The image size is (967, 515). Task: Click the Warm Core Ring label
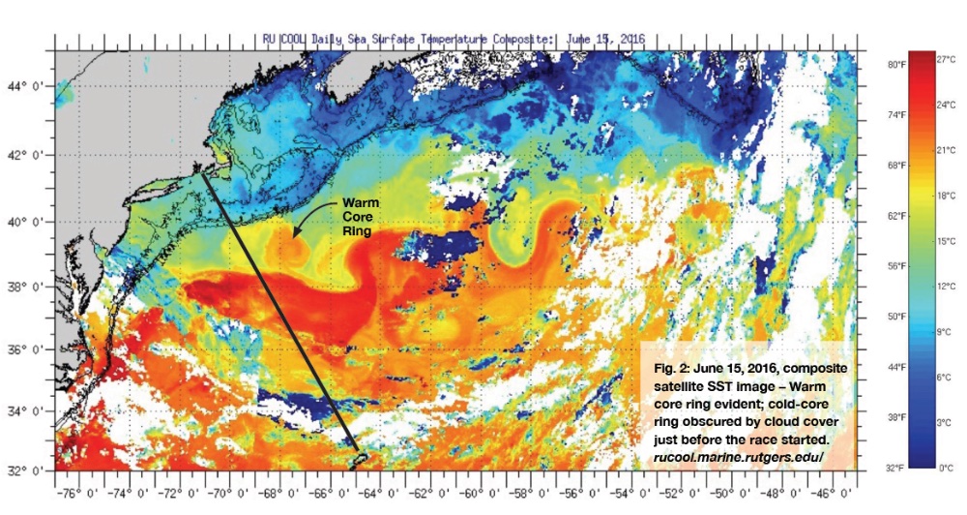pyautogui.click(x=357, y=216)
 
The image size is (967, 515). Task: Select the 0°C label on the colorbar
pyautogui.click(x=945, y=469)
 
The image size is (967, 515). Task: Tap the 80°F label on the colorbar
pyautogui.click(x=895, y=65)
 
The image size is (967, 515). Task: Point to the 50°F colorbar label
pyautogui.click(x=895, y=317)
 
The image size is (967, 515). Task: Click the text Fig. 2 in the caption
pyautogui.click(x=668, y=370)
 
